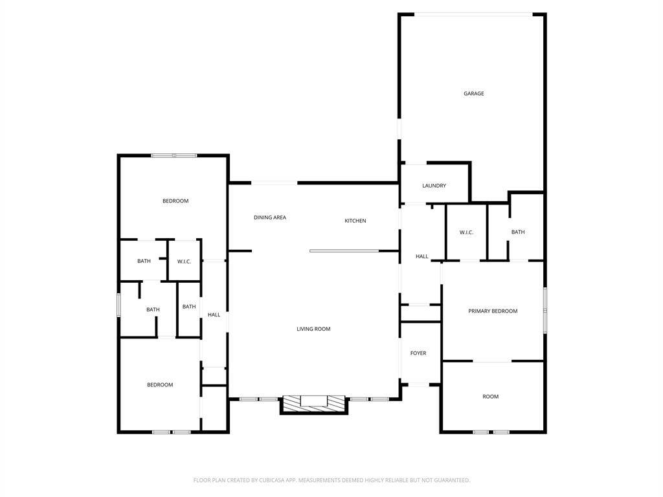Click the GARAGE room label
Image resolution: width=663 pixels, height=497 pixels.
tap(473, 93)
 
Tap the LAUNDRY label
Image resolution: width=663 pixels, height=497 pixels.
tap(434, 186)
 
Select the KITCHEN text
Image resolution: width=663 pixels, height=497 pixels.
tap(355, 221)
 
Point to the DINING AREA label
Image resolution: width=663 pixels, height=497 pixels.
tap(270, 217)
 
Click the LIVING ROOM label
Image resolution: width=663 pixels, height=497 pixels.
tap(313, 329)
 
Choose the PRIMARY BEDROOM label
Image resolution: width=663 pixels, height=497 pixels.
tap(493, 311)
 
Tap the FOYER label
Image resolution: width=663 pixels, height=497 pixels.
tap(418, 353)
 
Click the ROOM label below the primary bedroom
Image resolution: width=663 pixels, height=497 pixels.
tap(491, 397)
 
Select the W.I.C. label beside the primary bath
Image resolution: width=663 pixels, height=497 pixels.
tap(466, 232)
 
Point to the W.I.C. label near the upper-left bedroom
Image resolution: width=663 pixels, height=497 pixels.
tap(184, 261)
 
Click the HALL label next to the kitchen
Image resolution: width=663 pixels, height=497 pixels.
tap(421, 256)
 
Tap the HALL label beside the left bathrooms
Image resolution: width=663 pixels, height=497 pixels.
tap(214, 315)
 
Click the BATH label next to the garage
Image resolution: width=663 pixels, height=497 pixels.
tap(518, 232)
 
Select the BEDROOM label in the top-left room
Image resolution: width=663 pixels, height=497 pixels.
tap(175, 201)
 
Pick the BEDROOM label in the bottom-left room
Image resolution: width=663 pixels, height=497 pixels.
tap(160, 384)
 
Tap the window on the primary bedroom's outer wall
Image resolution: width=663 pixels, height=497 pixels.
tap(545, 310)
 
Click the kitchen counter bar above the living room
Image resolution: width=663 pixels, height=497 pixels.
tap(344, 251)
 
